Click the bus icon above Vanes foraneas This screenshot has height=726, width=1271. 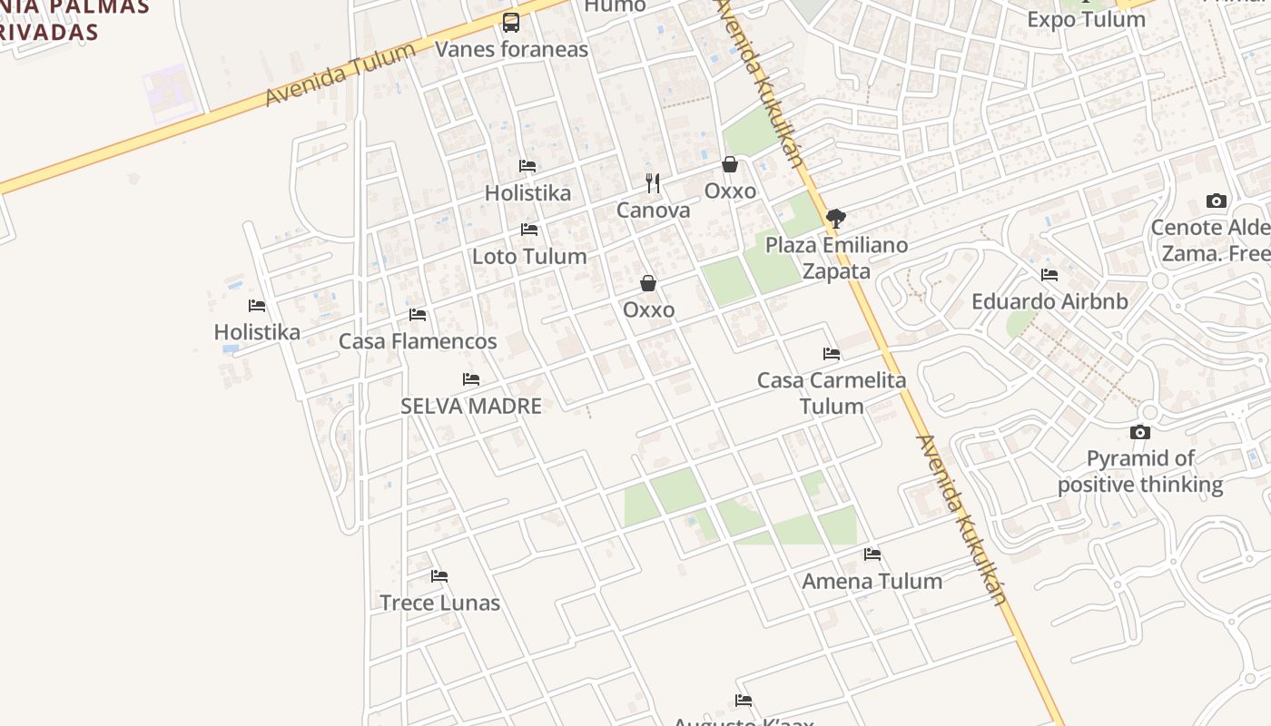(511, 23)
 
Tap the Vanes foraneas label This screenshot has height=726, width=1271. (511, 49)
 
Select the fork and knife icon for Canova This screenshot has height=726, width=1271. (653, 183)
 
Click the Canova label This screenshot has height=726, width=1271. (653, 211)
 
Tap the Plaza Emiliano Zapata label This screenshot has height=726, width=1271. (836, 258)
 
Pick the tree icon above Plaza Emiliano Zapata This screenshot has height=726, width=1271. (836, 218)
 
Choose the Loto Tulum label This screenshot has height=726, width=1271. (529, 257)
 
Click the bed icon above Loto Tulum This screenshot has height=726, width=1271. (529, 230)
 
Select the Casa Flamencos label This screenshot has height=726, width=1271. (418, 341)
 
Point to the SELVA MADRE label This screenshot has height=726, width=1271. (471, 406)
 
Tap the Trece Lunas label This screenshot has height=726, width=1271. (439, 603)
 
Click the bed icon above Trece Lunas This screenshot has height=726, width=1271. (439, 575)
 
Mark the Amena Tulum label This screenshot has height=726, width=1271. (872, 581)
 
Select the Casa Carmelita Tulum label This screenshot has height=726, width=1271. (832, 393)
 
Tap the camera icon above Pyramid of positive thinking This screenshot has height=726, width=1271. (1140, 432)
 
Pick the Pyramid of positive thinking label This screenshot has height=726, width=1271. (1140, 471)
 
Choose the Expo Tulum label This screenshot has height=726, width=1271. (1086, 19)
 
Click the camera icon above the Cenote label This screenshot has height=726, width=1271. (1217, 201)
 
